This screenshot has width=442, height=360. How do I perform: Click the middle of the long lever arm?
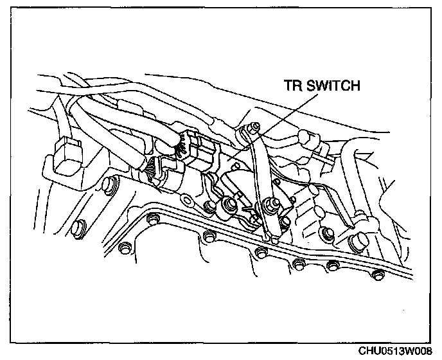pos(258,174)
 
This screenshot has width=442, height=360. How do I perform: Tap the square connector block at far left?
pos(66,156)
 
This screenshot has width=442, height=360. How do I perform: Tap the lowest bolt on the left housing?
pos(80,226)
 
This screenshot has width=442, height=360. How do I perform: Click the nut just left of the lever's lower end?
pos(228,207)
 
